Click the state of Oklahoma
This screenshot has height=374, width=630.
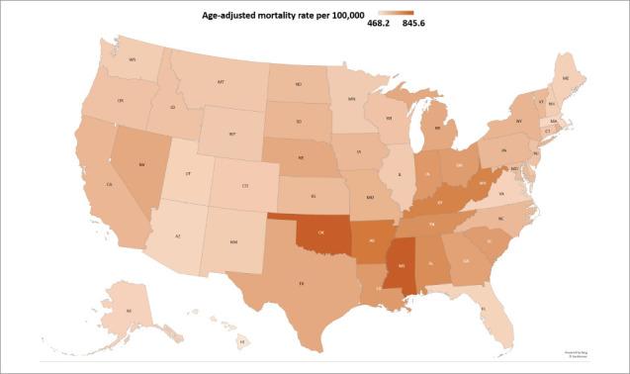(x=321, y=234)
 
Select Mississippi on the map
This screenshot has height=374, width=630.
(x=401, y=266)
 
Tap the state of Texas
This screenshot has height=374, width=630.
(x=302, y=283)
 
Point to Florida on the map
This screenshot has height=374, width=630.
(x=483, y=308)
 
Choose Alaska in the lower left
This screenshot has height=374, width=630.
(x=129, y=310)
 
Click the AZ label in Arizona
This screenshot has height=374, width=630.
(x=177, y=237)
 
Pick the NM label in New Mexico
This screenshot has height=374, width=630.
(x=232, y=241)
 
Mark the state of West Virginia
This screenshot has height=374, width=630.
(x=484, y=183)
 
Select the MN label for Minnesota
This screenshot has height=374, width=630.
(x=354, y=99)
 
